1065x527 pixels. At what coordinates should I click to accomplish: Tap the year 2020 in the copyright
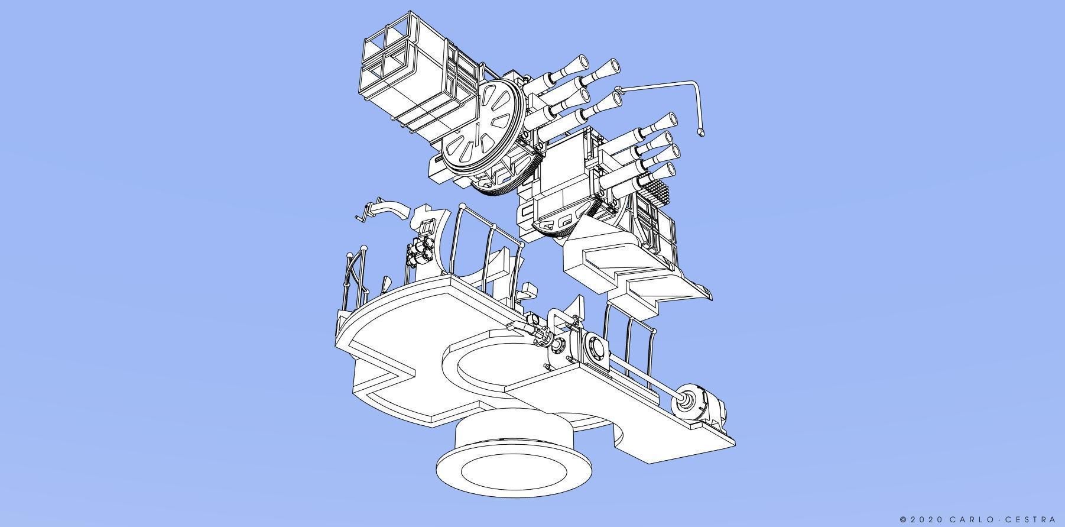tap(925, 519)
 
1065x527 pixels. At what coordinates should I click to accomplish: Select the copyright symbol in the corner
tap(904, 519)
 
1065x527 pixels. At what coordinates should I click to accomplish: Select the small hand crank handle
tap(362, 213)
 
